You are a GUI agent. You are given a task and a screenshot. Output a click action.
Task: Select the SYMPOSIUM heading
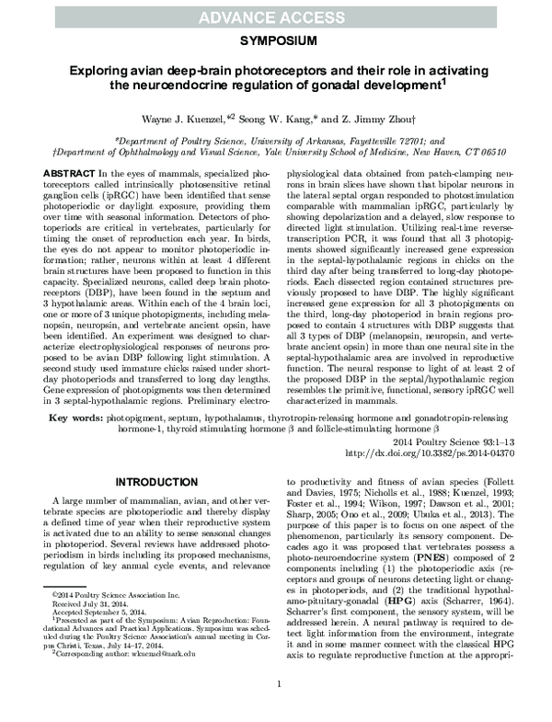(x=277, y=42)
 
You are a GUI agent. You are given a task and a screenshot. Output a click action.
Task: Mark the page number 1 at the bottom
(x=277, y=709)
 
